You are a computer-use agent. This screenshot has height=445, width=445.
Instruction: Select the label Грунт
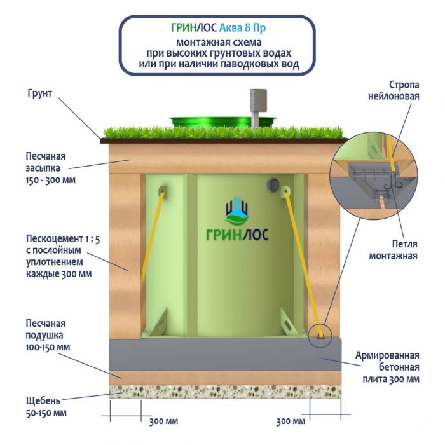[x=39, y=93]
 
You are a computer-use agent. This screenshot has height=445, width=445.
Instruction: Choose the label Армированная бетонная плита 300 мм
[x=388, y=367]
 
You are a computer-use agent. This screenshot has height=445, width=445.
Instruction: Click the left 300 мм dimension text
[x=163, y=421]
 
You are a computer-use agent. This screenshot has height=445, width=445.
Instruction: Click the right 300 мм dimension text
[x=292, y=421]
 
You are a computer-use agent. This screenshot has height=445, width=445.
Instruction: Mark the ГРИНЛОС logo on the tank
[x=236, y=224]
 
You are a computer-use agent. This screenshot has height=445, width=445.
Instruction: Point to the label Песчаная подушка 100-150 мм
[x=48, y=335]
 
